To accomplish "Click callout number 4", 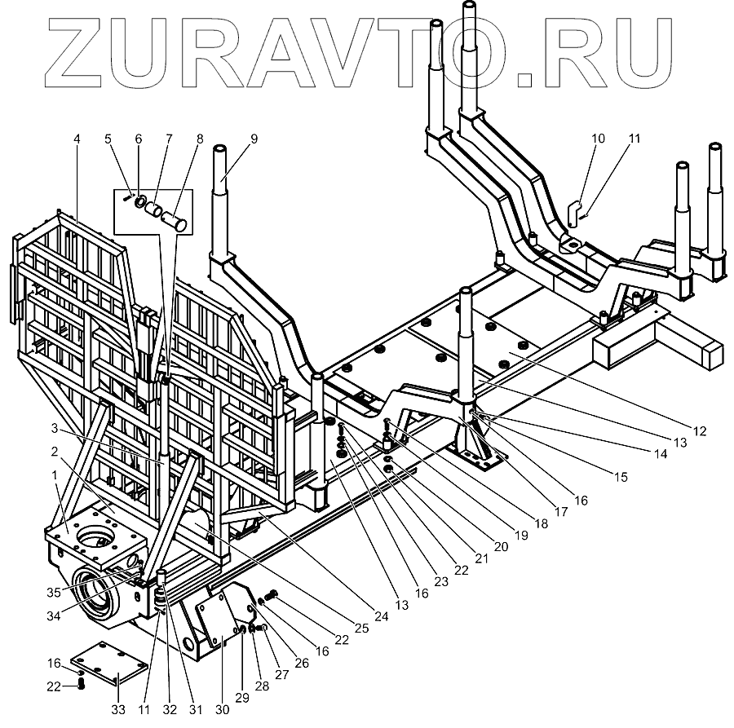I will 77,139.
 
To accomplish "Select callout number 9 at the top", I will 254,139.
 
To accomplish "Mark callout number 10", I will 599,139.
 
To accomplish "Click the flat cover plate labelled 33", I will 105,668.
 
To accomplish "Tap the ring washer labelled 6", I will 141,201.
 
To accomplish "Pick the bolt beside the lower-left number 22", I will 80,686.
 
